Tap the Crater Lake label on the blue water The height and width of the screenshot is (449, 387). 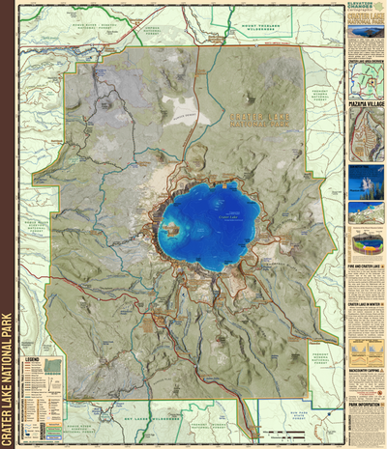226,219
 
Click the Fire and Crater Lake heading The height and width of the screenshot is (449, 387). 366,267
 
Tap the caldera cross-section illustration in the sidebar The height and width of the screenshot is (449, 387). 366,241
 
